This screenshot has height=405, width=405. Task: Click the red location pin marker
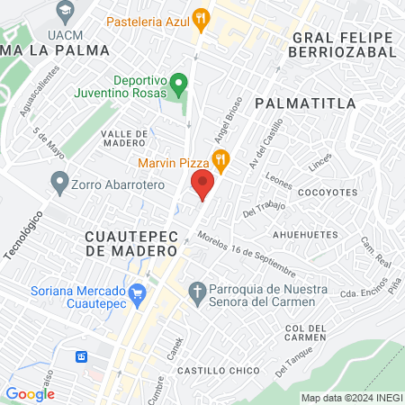click(x=202, y=184)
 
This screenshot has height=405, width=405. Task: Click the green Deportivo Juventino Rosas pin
click(x=179, y=87)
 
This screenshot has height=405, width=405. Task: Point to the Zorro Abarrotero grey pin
click(x=60, y=184)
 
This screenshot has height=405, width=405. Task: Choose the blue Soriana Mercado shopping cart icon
click(x=138, y=293)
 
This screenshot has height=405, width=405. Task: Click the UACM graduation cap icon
click(x=64, y=12)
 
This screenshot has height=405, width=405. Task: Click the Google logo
click(x=30, y=393)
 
